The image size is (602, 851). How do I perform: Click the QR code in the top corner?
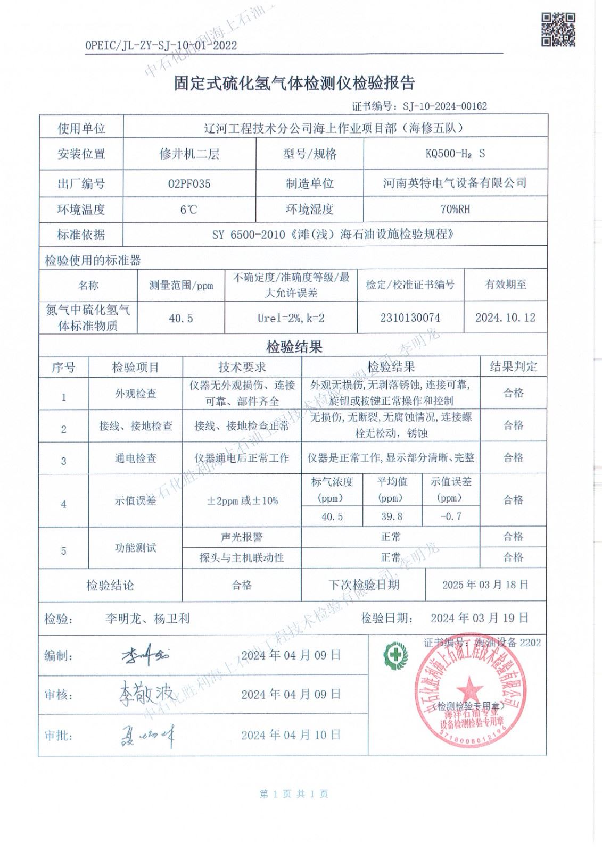pyautogui.click(x=558, y=30)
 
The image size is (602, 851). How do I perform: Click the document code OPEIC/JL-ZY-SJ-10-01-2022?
pyautogui.click(x=161, y=46)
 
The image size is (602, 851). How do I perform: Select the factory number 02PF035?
pyautogui.click(x=189, y=184)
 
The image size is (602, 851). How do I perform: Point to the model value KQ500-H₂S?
pyautogui.click(x=455, y=154)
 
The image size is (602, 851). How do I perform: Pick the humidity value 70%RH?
pyautogui.click(x=455, y=209)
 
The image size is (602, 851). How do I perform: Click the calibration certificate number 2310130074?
pyautogui.click(x=410, y=318)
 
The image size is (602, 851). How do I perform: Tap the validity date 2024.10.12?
pyautogui.click(x=505, y=318)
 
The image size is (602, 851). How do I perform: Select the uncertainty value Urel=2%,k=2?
pyautogui.click(x=291, y=318)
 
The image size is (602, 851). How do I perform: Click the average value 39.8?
pyautogui.click(x=392, y=516)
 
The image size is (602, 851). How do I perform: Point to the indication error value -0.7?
pyautogui.click(x=450, y=516)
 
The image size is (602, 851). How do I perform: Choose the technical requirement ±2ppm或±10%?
pyautogui.click(x=242, y=500)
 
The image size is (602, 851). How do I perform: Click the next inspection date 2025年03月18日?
pyautogui.click(x=485, y=585)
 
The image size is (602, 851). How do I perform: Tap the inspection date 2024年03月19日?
pyautogui.click(x=480, y=618)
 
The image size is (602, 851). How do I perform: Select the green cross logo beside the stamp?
pyautogui.click(x=395, y=651)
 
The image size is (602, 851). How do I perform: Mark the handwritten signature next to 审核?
pyautogui.click(x=145, y=694)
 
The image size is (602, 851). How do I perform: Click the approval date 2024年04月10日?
pyautogui.click(x=291, y=735)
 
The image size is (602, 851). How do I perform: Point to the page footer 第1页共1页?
pyautogui.click(x=294, y=794)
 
